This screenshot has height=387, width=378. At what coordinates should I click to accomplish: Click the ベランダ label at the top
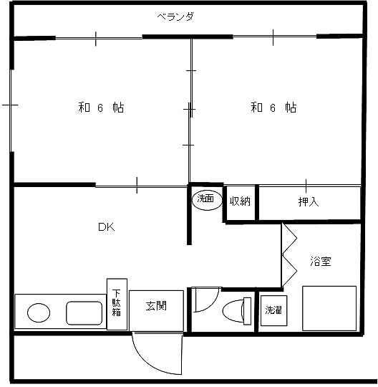(x=175, y=16)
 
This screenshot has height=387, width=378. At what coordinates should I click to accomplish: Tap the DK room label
(x=106, y=226)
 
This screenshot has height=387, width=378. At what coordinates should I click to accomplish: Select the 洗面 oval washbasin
(x=207, y=200)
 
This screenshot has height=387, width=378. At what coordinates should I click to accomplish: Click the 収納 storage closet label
(x=240, y=201)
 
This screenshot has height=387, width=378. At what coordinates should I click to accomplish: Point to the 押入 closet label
(x=309, y=201)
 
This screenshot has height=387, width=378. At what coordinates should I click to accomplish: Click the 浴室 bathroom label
(x=321, y=261)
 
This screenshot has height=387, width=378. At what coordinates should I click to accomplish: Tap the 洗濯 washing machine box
(x=273, y=310)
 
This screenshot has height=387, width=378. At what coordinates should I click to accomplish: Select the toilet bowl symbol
(x=233, y=311)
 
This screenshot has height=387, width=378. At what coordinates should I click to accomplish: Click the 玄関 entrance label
(x=156, y=306)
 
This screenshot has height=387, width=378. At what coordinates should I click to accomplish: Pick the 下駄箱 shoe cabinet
(x=117, y=304)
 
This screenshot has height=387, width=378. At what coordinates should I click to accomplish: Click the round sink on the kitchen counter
(x=39, y=312)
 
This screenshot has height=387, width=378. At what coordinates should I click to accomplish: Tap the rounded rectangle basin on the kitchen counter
(x=84, y=313)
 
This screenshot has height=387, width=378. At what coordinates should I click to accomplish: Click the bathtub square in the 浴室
(x=329, y=308)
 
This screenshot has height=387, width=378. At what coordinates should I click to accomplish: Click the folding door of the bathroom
(x=289, y=255)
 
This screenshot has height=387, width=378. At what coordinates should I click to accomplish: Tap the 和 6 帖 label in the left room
(x=101, y=107)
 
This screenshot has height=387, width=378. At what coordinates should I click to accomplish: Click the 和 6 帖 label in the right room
(x=273, y=107)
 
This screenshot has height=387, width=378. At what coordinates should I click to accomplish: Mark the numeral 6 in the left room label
(x=100, y=107)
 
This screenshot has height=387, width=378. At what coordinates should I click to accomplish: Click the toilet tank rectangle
(x=247, y=311)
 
